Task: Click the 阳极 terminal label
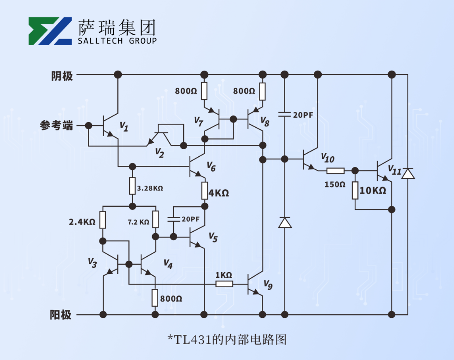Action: (x=61, y=315)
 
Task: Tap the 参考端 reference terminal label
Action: (x=57, y=126)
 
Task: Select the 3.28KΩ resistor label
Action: (x=150, y=188)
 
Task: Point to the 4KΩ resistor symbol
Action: (x=204, y=190)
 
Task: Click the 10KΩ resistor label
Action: (x=373, y=191)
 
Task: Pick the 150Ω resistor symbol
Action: (x=335, y=171)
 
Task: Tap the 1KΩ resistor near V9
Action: (x=224, y=284)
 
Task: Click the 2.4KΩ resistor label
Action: (x=82, y=222)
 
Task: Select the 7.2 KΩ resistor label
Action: (x=138, y=222)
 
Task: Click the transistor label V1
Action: (x=124, y=127)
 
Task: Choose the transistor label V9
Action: (x=268, y=286)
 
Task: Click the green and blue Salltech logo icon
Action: (x=50, y=31)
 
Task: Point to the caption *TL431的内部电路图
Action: (x=227, y=339)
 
